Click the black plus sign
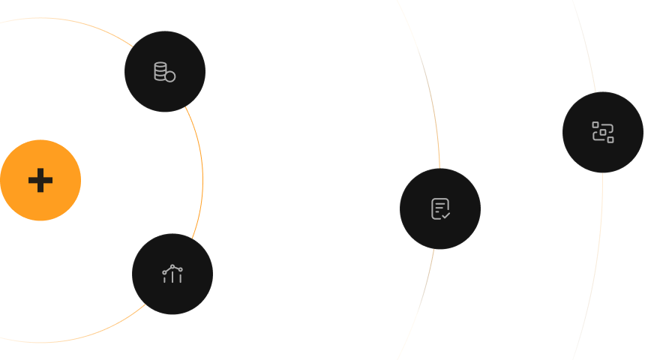(x=40, y=181)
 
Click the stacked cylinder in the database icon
(x=160, y=70)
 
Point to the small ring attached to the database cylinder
(x=170, y=76)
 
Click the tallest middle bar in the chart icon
(x=172, y=276)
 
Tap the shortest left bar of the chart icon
(x=164, y=279)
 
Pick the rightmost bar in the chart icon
(x=181, y=277)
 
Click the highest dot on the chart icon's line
(x=173, y=265)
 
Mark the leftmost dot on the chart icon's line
(x=164, y=271)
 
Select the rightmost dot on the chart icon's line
(x=181, y=268)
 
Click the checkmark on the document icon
(x=445, y=215)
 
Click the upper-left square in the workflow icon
(x=595, y=124)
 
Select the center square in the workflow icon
(x=603, y=132)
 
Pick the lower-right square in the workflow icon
(x=610, y=139)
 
